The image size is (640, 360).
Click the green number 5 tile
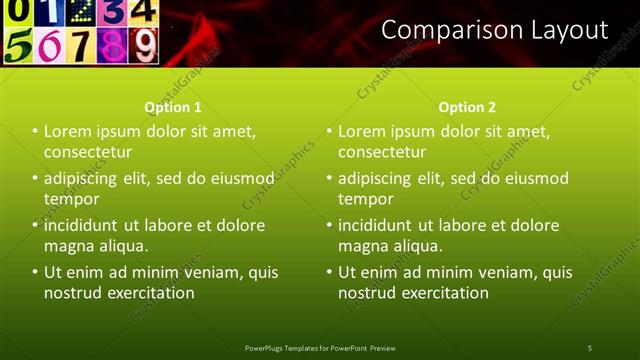click(18, 46)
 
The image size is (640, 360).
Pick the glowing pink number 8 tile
click(112, 46)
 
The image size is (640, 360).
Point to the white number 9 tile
click(144, 45)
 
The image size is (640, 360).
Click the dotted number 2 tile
click(82, 11)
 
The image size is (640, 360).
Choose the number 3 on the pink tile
click(114, 11)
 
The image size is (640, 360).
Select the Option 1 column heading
click(173, 107)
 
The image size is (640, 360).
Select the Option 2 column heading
click(467, 107)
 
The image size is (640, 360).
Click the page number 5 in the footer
click(590, 347)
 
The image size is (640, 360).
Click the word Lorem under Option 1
click(69, 131)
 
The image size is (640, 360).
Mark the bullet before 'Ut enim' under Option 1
click(35, 272)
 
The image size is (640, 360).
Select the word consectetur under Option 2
click(382, 152)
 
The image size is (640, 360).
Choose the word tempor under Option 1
click(71, 199)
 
